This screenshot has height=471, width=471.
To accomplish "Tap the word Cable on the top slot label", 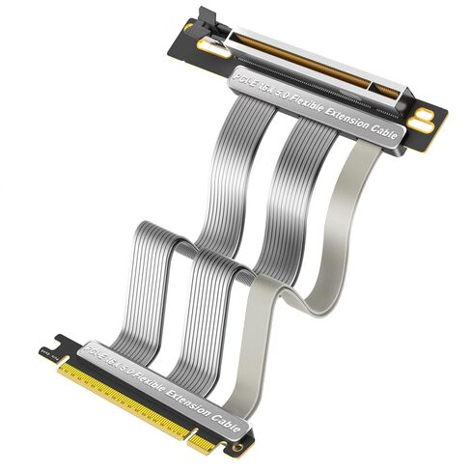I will pos(383,136).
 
